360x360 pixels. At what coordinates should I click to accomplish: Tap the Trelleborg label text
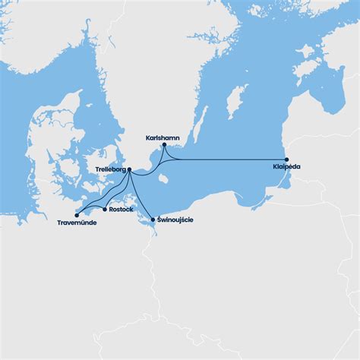point(111,170)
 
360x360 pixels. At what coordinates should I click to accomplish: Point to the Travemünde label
point(77,223)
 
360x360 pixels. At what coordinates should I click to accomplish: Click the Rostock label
point(121,209)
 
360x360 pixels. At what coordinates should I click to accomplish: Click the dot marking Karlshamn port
point(164,144)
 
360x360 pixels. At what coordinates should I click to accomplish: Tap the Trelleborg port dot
point(130,169)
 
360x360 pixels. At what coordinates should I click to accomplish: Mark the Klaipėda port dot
point(286,159)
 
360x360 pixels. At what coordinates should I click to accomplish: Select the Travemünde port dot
point(77,215)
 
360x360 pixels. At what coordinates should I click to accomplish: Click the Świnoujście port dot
point(153,219)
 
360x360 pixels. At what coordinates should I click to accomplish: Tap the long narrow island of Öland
point(201,125)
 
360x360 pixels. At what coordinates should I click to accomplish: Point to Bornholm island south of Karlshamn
point(163,179)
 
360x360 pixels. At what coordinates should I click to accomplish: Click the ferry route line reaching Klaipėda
point(228,159)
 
